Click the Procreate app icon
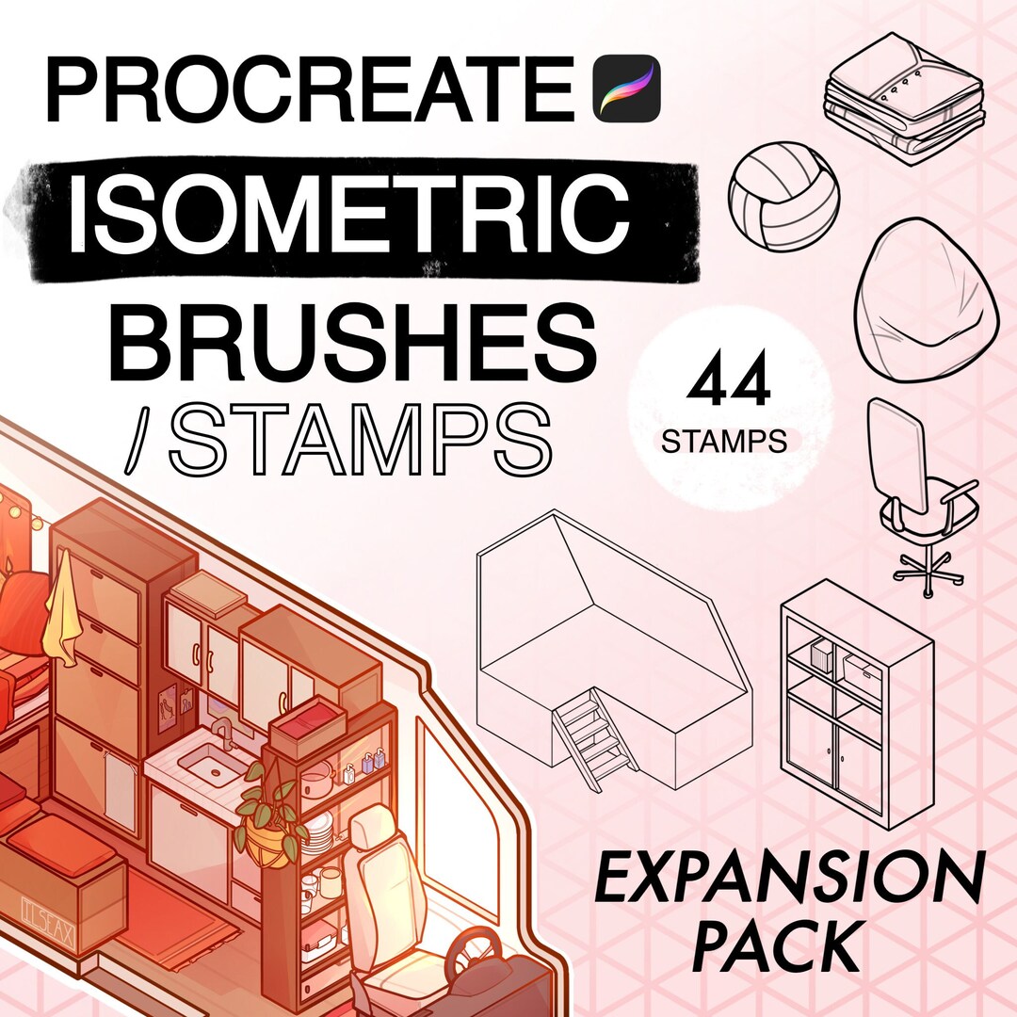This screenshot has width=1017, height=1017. click(627, 86)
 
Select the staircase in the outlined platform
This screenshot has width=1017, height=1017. click(591, 740)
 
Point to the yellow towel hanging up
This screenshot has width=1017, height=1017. click(65, 611)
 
